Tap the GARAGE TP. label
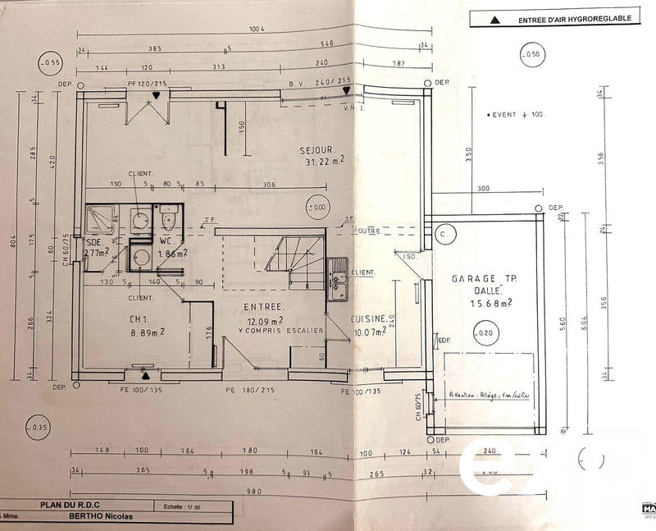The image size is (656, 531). (481, 279)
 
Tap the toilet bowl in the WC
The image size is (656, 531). (168, 219)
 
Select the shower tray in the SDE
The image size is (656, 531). (101, 219)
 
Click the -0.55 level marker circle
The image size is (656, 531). (51, 62)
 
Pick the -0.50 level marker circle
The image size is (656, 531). (533, 56)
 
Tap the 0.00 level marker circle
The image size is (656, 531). (316, 208)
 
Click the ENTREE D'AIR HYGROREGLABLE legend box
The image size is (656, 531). (553, 17)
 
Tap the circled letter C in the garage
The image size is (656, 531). (444, 234)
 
